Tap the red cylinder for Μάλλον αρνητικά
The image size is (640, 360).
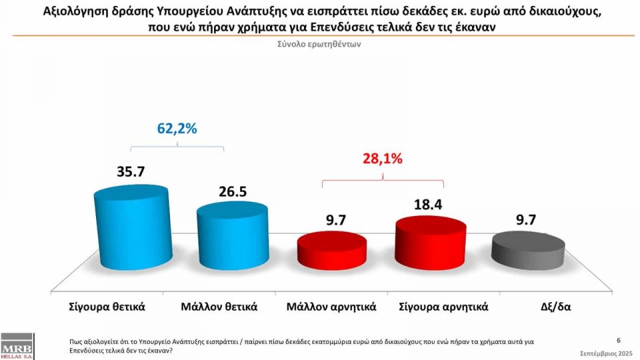[x=331, y=250]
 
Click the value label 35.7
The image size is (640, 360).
[x=131, y=171]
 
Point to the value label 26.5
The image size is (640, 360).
[x=233, y=192]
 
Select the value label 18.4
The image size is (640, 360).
[x=431, y=205]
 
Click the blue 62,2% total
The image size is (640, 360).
[x=177, y=129]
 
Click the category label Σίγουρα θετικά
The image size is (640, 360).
[x=107, y=307]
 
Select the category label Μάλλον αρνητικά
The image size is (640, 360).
[x=331, y=307]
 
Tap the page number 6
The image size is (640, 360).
[x=619, y=340]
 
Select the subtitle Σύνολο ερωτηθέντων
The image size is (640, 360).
[x=319, y=44]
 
